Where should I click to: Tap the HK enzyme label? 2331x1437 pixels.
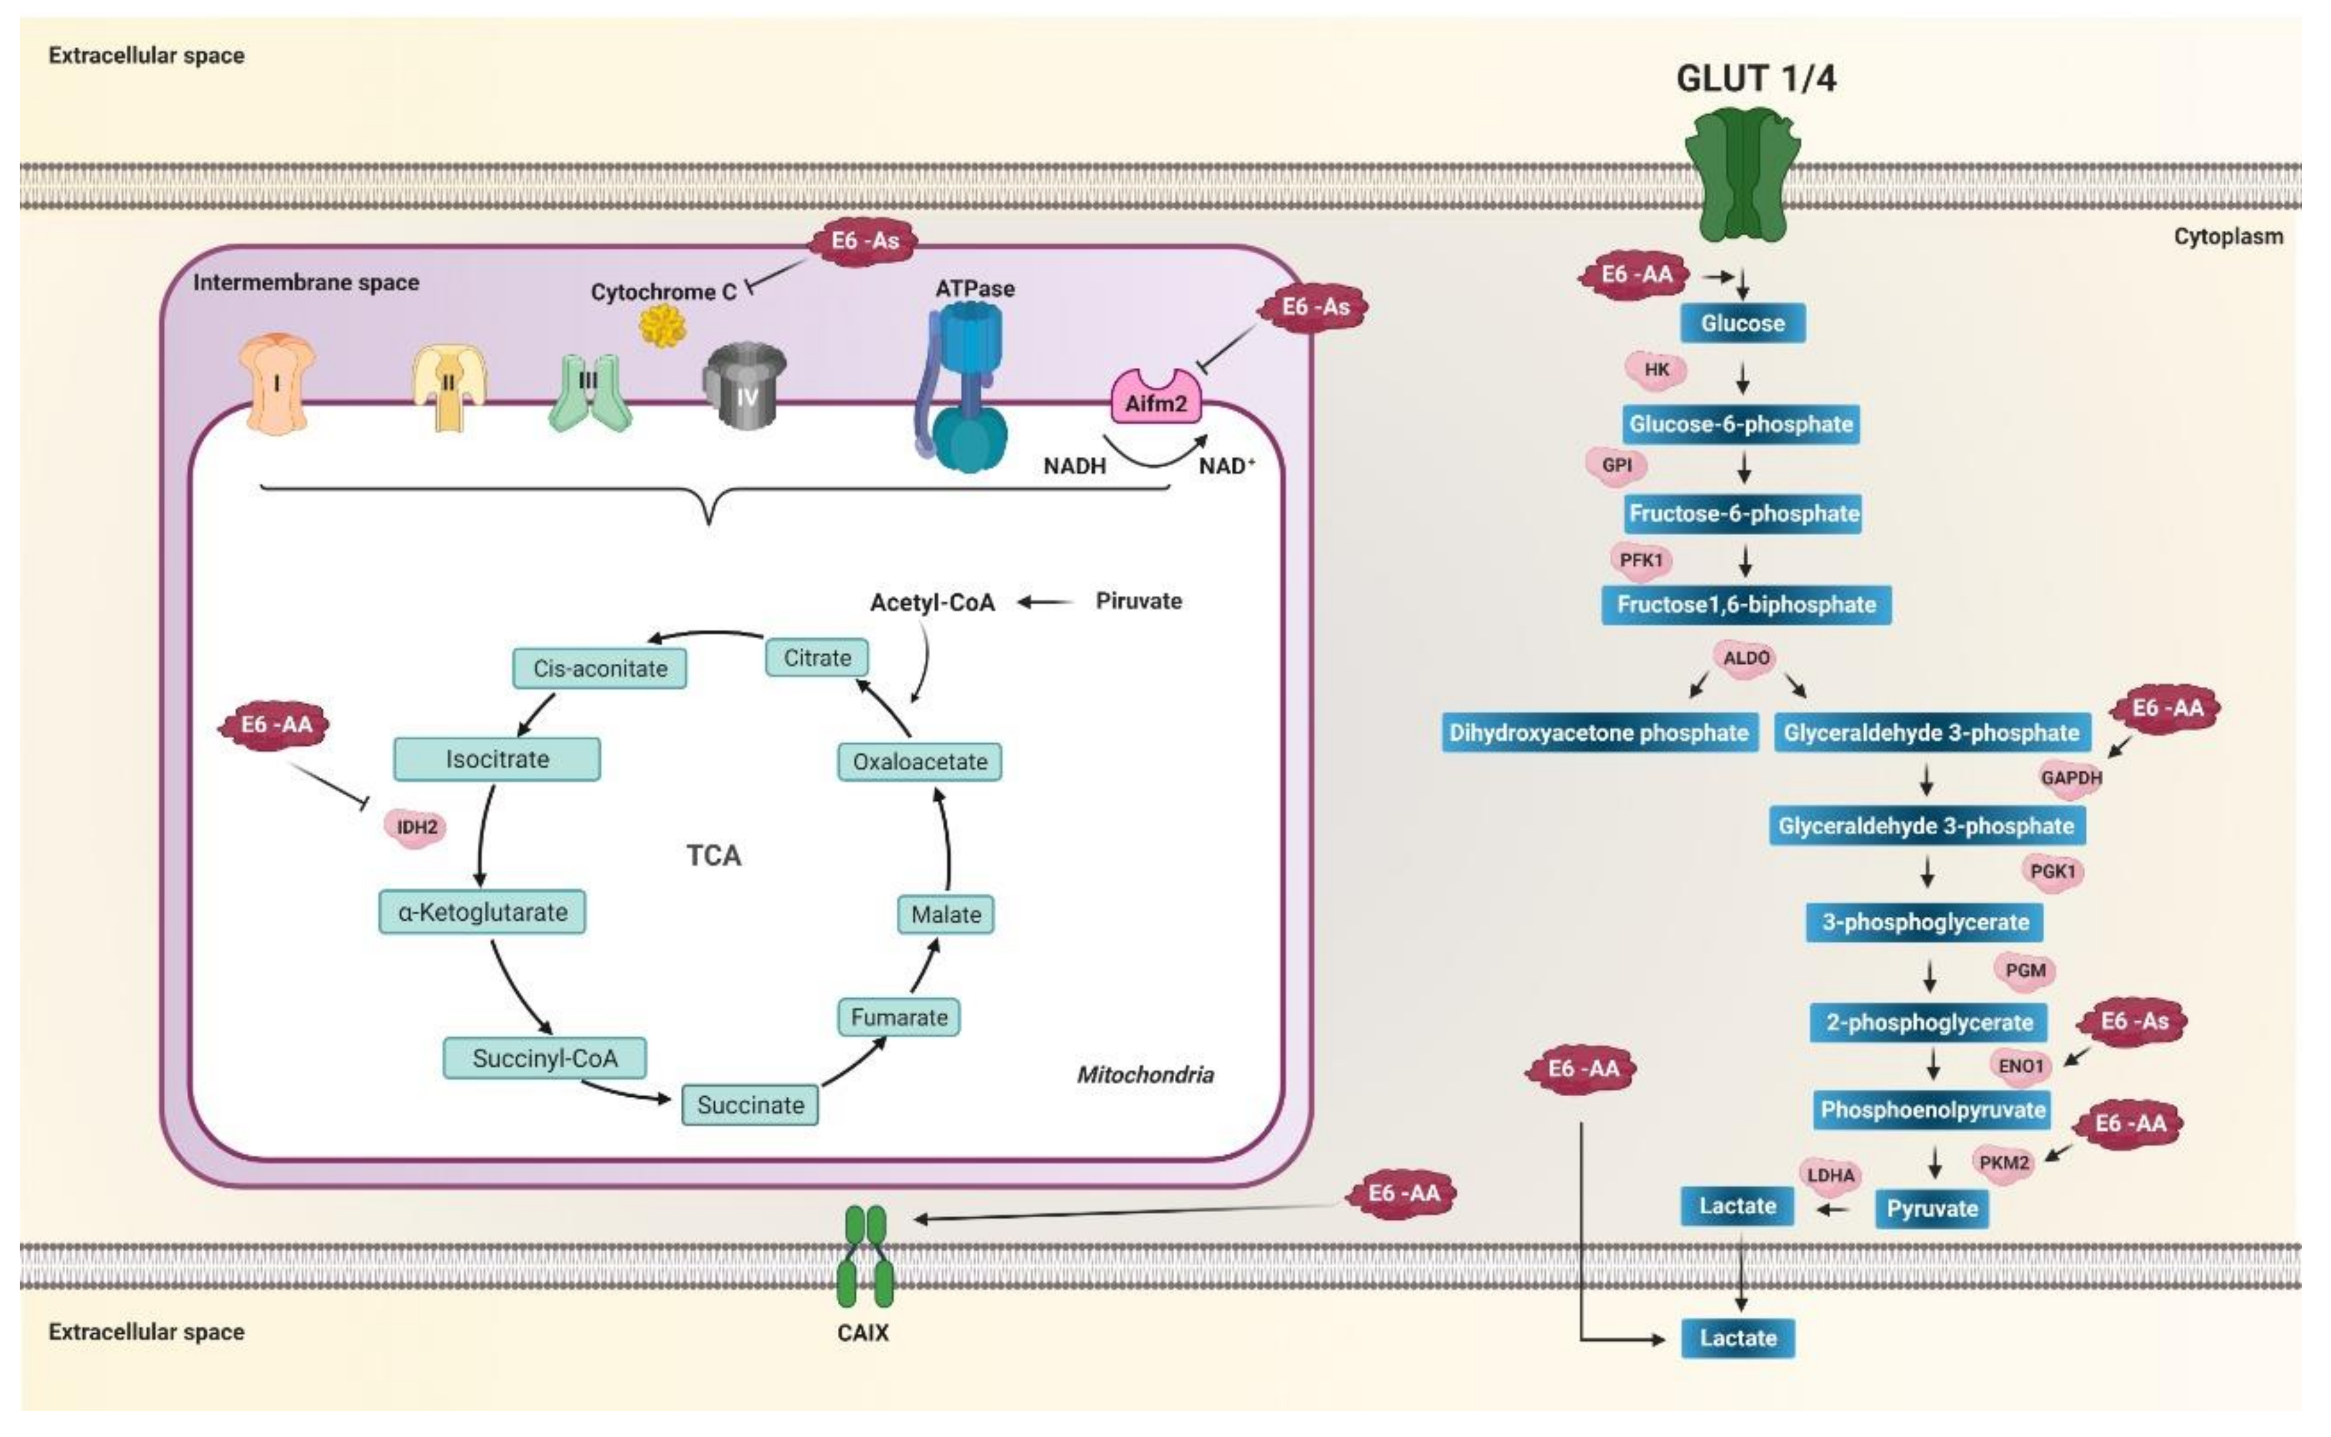(x=1656, y=370)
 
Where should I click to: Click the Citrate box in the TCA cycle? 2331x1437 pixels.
(x=816, y=658)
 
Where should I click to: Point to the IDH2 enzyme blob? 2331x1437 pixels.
(x=417, y=827)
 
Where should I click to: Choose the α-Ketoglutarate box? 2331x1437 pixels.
(x=482, y=912)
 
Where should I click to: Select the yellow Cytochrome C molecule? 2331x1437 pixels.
(x=662, y=326)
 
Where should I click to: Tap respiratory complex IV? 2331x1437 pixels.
(x=745, y=385)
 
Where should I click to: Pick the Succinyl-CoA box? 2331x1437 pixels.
(x=545, y=1058)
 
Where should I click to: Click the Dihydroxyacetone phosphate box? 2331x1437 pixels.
(x=1598, y=733)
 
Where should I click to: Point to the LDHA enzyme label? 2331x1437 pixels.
(x=1830, y=1175)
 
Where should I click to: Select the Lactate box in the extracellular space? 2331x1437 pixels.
(x=1738, y=1338)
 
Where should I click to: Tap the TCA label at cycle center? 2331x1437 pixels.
(x=714, y=855)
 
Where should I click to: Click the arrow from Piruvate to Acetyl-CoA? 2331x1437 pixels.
(x=1045, y=601)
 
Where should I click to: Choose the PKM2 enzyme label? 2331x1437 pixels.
(x=2003, y=1163)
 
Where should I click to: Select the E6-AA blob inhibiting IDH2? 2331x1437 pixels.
(x=276, y=726)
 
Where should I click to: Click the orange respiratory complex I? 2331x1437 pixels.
(x=276, y=385)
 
